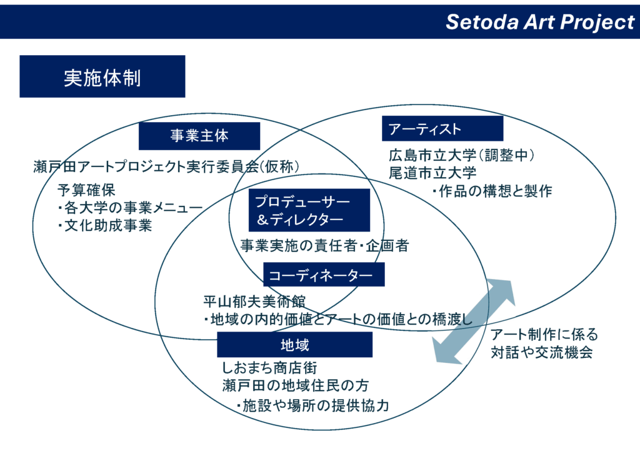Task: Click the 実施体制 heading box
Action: pos(102,76)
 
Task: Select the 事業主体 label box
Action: pos(199,136)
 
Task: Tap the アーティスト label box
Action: pos(442,129)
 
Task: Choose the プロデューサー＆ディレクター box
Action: pos(299,211)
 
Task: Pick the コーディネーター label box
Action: pos(323,274)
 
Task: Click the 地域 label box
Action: pos(294,345)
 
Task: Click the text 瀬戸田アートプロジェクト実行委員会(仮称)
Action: pos(167,166)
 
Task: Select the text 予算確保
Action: pos(86,190)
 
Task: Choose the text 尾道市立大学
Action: pos(432,173)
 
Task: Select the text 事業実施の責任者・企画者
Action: pos(324,246)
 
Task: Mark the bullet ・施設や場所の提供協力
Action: pos(312,405)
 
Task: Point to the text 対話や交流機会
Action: pos(541,353)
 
